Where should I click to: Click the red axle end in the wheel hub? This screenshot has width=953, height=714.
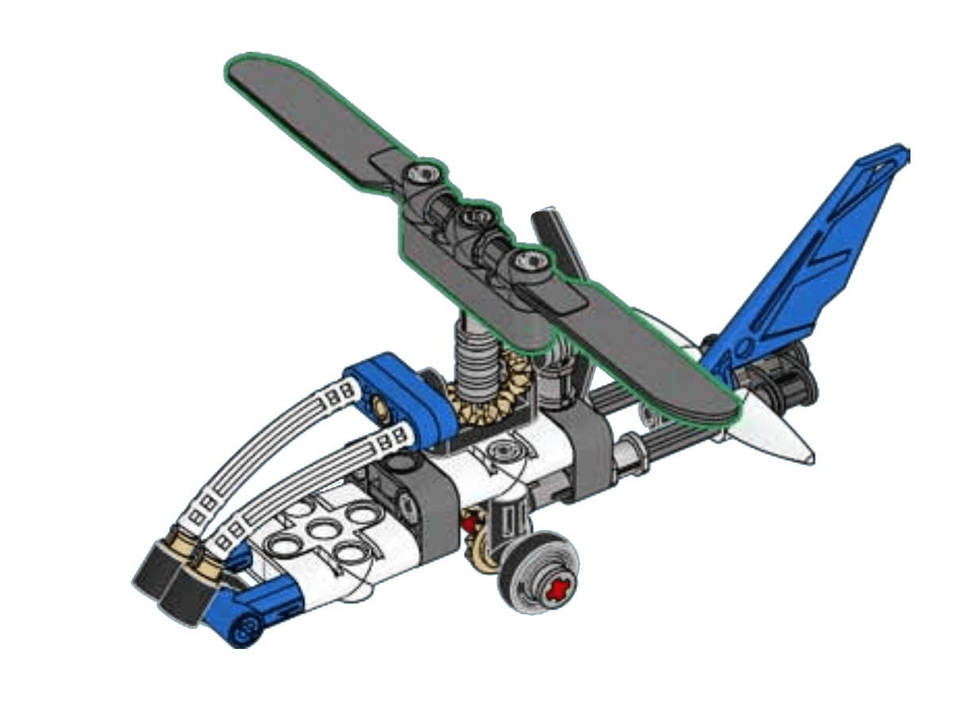pos(559,588)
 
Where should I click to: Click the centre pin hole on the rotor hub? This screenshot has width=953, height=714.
pos(476,217)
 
